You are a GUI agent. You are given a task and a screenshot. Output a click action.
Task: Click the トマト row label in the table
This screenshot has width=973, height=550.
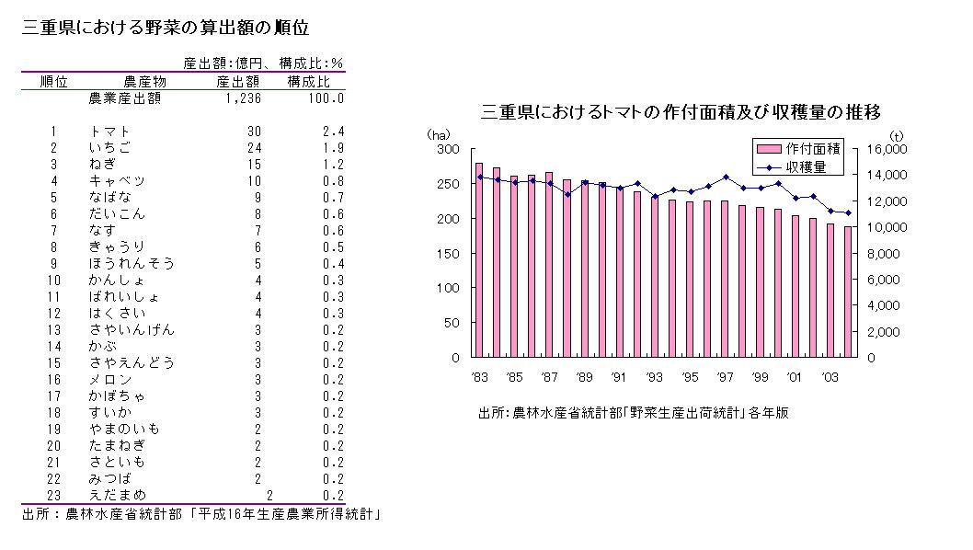coord(110,132)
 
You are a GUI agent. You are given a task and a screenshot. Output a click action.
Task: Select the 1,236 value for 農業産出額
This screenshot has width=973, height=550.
coord(243,98)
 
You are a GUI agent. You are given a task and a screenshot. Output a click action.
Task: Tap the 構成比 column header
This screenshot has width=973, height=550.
coord(308,81)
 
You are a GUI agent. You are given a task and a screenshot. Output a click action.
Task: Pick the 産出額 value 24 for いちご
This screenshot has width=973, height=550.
coord(254,148)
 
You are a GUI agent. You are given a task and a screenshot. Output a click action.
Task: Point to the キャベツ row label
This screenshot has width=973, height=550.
coord(117,181)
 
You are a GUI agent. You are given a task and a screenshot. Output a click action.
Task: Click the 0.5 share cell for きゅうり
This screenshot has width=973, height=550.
coord(334,247)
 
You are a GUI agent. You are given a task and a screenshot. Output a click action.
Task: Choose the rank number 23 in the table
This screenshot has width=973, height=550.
coord(54,495)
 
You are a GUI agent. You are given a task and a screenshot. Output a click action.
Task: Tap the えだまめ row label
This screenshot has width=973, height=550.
coord(117,495)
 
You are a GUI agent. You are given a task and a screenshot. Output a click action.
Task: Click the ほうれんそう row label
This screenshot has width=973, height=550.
coord(132,264)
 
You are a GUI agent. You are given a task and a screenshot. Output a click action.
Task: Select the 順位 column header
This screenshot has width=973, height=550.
coord(54,81)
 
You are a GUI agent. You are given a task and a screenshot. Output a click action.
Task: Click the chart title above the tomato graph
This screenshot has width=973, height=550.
coord(681,112)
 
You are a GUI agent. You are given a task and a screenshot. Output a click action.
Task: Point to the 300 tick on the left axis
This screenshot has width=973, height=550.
coord(448,149)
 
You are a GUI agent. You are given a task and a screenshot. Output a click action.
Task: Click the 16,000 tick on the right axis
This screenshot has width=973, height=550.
coord(888,149)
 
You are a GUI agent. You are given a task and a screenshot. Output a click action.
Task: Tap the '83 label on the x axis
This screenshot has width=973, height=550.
coord(478,376)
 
